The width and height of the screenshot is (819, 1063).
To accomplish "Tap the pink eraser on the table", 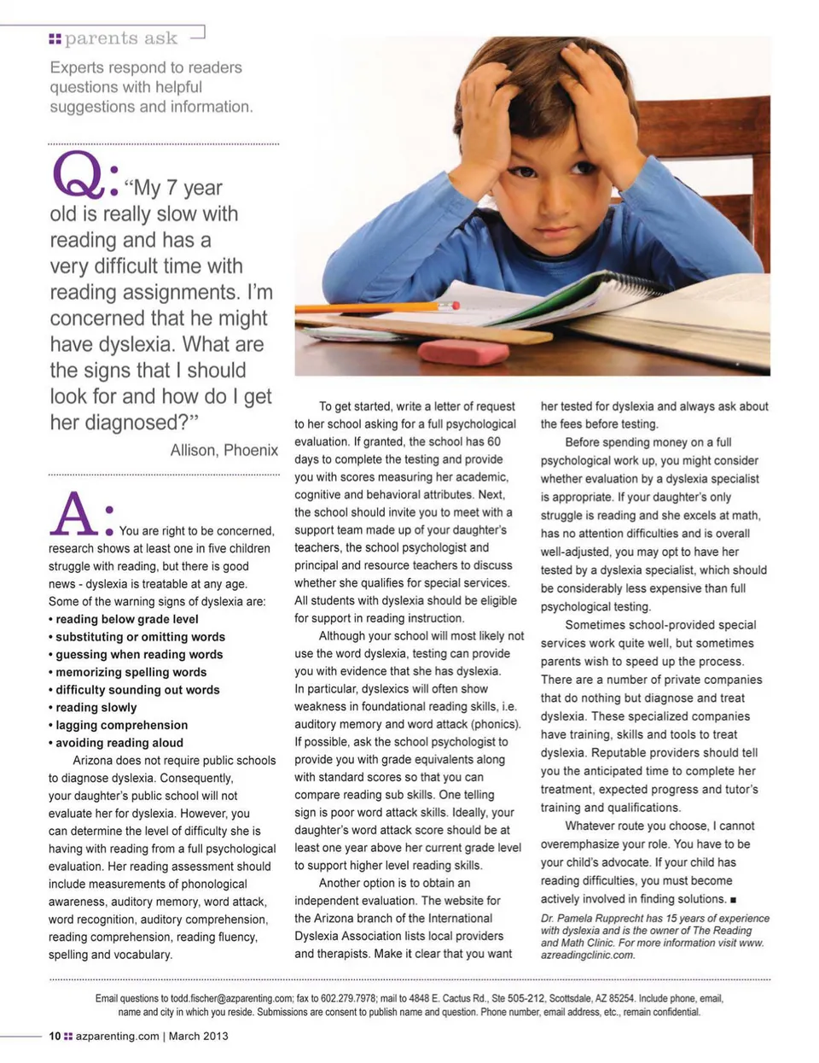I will [463, 351].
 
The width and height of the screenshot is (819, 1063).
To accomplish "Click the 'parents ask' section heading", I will [120, 38].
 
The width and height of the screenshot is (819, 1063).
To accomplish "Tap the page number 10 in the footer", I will [55, 1036].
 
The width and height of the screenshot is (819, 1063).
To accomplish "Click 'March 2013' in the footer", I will [199, 1036].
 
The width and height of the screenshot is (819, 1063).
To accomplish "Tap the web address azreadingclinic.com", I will [588, 955].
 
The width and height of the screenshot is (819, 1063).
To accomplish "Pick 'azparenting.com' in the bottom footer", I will [117, 1036].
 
